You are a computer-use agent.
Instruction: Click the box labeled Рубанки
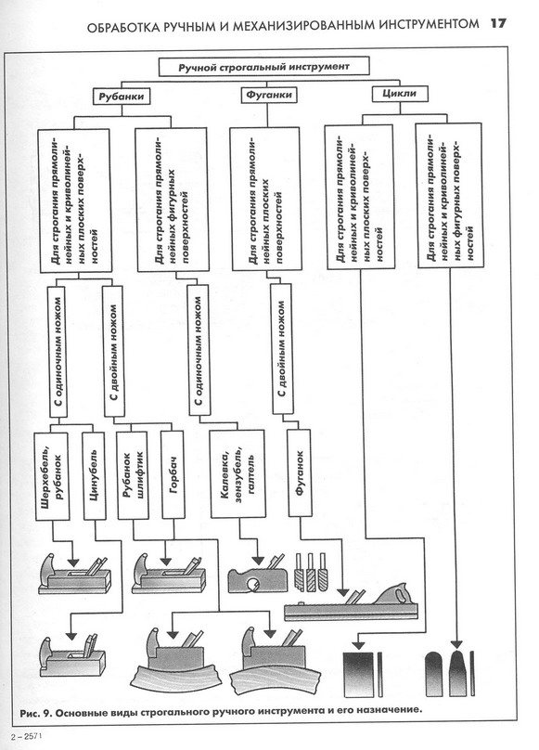click(x=121, y=97)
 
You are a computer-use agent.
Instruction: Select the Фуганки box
click(x=268, y=95)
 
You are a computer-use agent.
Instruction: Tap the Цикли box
click(x=400, y=94)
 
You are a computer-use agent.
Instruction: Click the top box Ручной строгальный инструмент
click(x=264, y=67)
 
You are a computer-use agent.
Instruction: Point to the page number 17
click(x=498, y=23)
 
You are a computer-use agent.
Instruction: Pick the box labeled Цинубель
click(x=94, y=476)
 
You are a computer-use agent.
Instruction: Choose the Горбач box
click(x=173, y=475)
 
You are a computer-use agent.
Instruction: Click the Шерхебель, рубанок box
click(x=52, y=476)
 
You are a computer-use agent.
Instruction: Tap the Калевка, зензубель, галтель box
click(x=237, y=473)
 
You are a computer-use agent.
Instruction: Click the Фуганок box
click(x=300, y=472)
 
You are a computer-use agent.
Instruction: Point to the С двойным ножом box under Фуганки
click(x=282, y=349)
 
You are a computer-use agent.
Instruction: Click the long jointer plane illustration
click(x=351, y=602)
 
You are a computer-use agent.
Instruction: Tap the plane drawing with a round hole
click(x=257, y=577)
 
